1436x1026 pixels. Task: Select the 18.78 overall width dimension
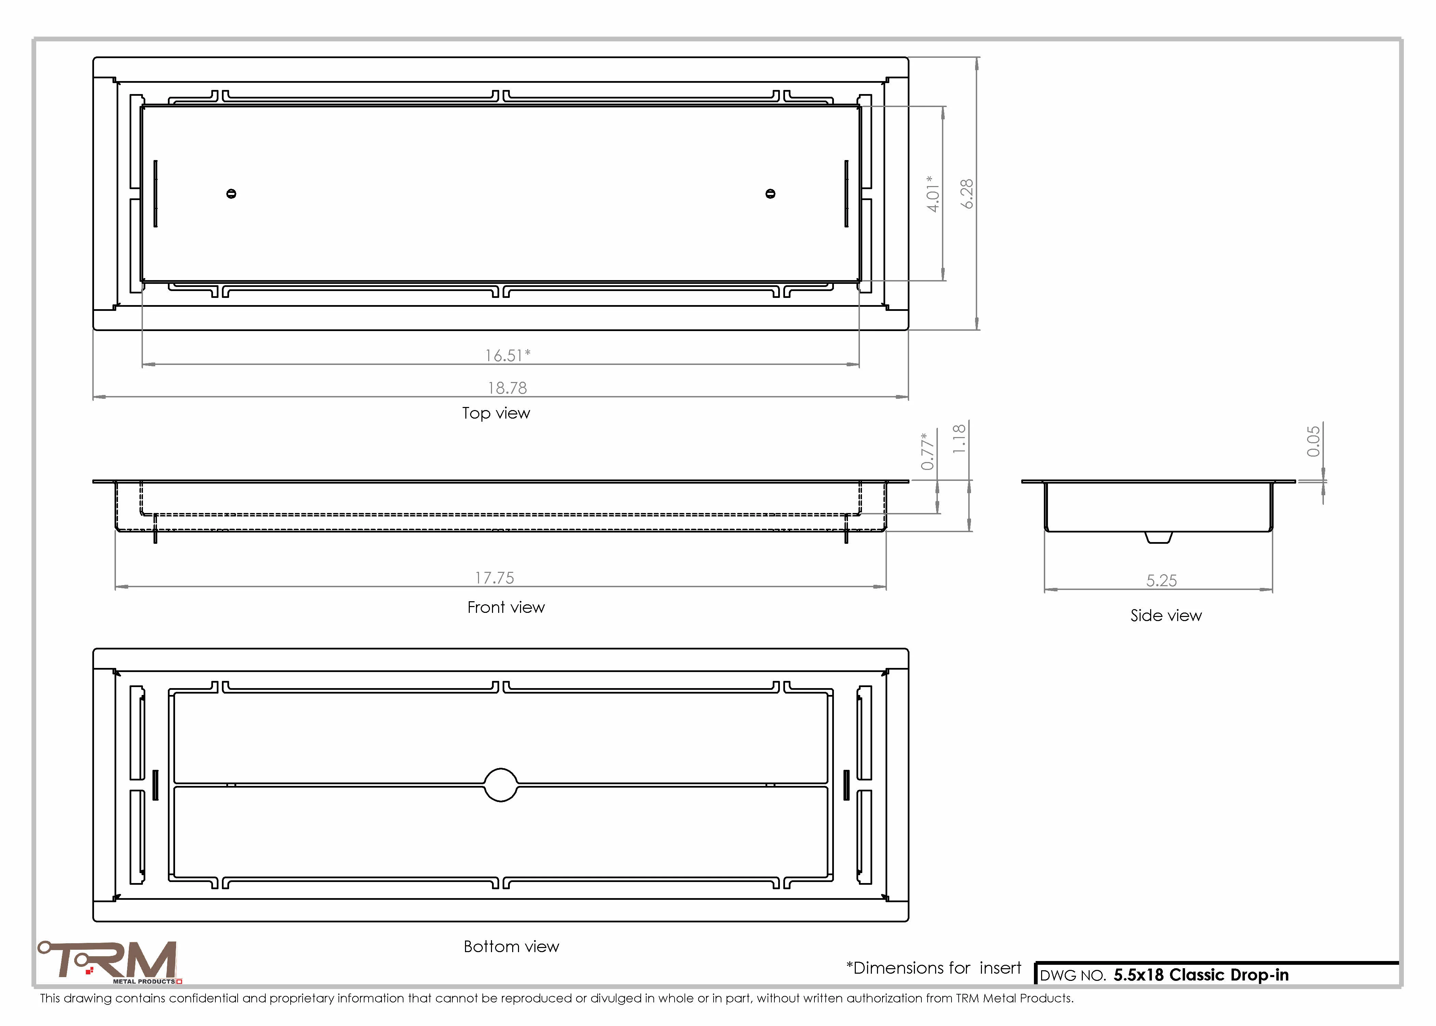pos(507,388)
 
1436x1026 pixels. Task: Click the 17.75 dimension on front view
pos(494,578)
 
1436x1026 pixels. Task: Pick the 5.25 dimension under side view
pos(1161,581)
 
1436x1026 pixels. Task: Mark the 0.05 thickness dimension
pos(1314,441)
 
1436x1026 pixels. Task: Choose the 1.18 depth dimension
pos(959,438)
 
